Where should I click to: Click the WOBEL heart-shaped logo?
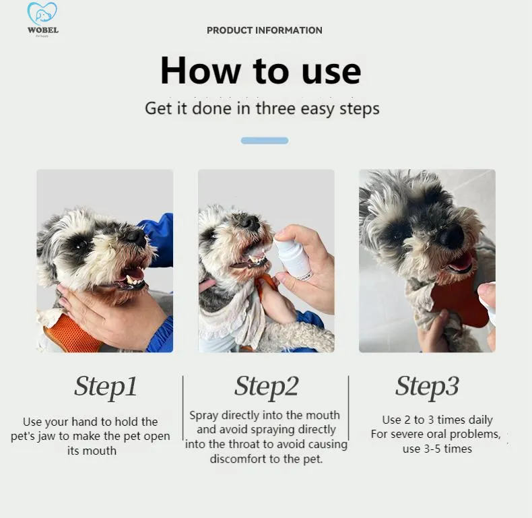click(x=42, y=13)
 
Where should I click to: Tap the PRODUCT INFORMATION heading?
click(x=265, y=30)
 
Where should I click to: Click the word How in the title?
click(x=200, y=70)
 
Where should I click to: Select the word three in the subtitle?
click(x=275, y=108)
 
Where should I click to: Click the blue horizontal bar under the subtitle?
click(x=265, y=141)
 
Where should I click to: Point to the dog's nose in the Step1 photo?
click(x=136, y=236)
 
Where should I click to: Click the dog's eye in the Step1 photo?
click(x=82, y=243)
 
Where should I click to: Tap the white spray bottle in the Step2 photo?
click(x=292, y=258)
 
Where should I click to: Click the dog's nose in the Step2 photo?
click(x=251, y=222)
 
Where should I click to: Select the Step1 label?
click(x=106, y=387)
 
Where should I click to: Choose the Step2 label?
click(x=267, y=387)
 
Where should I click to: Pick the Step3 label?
click(x=427, y=387)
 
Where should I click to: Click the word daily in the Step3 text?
click(x=478, y=420)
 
